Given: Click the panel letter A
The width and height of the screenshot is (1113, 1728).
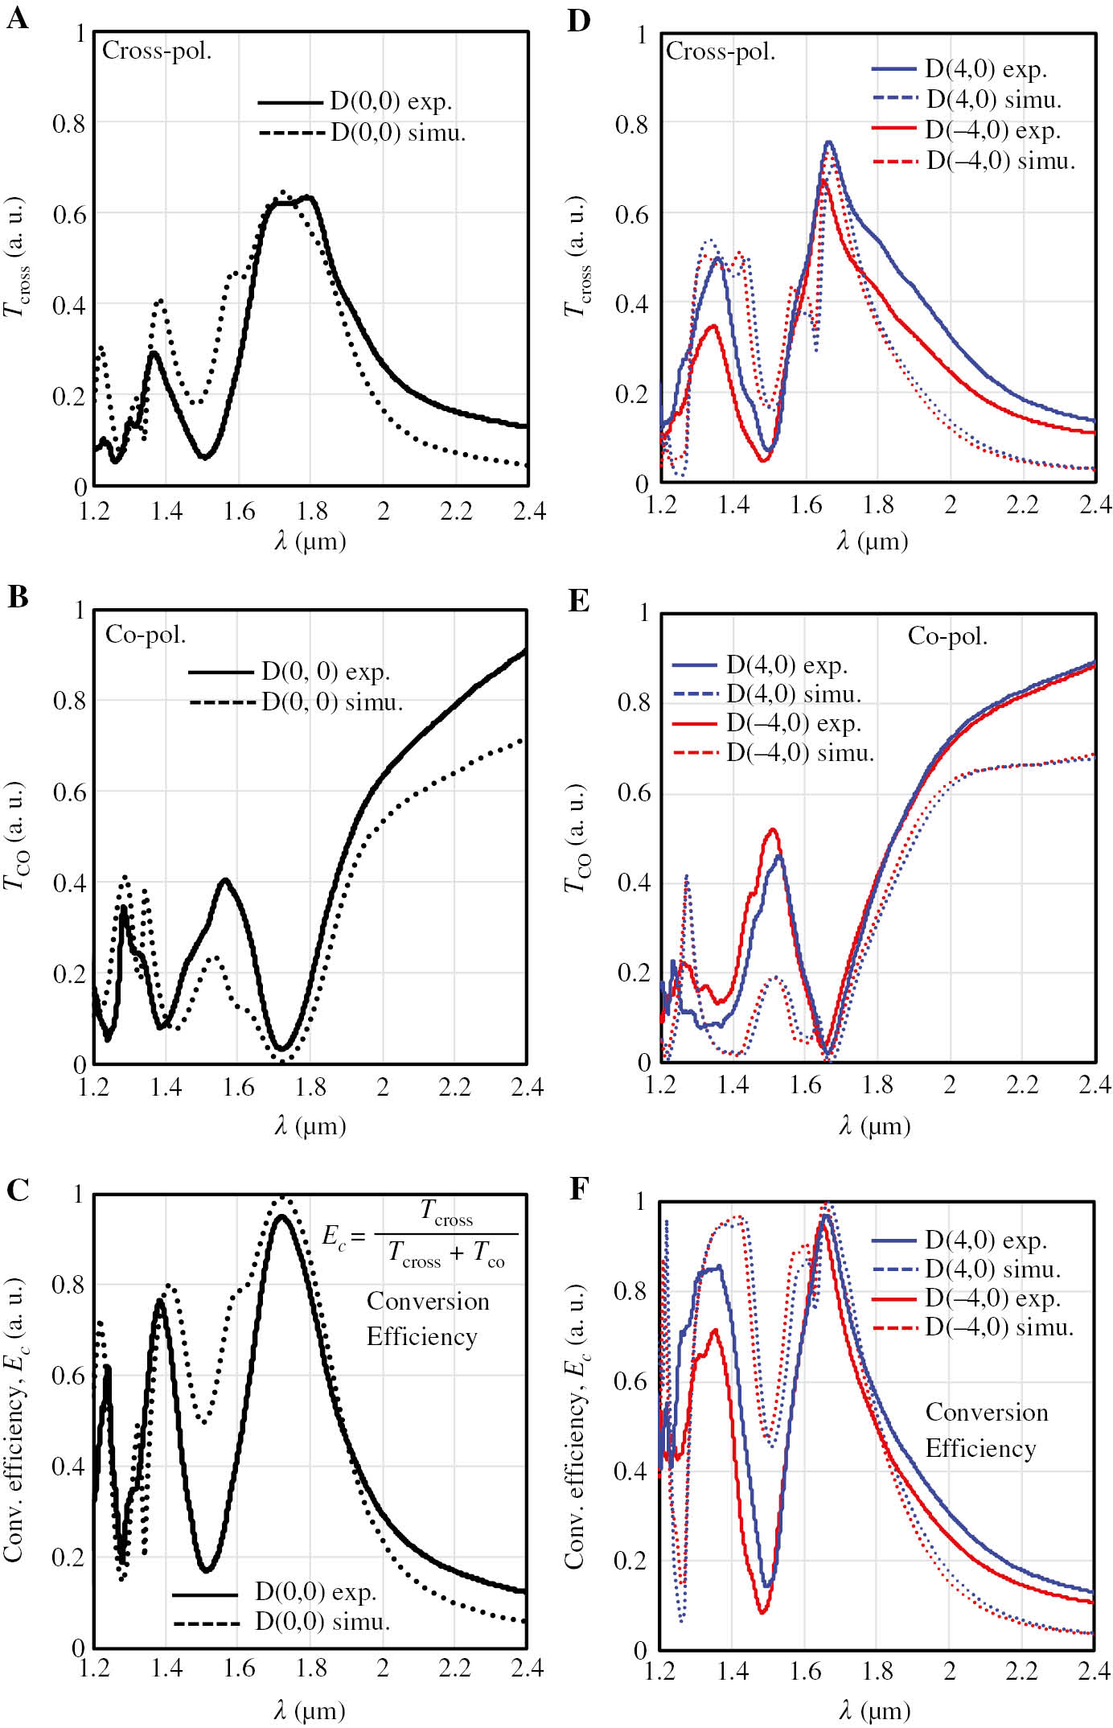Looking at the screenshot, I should coord(17,18).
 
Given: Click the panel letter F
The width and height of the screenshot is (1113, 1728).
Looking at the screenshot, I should coord(579,1188).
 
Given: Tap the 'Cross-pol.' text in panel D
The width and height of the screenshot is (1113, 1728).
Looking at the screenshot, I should coord(721,52).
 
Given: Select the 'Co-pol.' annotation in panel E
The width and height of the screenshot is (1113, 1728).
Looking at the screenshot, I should coord(947,636).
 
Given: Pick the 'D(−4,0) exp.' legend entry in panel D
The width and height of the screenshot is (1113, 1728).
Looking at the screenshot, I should coord(992,130).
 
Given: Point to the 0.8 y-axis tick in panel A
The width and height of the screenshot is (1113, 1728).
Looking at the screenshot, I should coord(68,124).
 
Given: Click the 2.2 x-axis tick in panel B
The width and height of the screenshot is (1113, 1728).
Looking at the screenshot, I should coord(454,1088).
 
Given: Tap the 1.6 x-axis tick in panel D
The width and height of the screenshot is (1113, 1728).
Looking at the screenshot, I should coord(806,505).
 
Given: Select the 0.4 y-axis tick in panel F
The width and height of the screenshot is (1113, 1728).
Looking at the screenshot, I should coord(630,1471).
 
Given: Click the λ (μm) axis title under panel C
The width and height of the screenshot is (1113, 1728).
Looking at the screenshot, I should coord(310,1709).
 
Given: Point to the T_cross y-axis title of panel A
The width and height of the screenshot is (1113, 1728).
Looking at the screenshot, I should coord(16,257).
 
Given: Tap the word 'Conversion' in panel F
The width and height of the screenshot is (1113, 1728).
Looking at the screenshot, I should coord(986,1412).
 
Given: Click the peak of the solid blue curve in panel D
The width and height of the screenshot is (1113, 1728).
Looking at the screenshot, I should coord(828,142).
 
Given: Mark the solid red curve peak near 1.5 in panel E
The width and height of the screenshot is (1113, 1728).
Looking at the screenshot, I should coord(773,829).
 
